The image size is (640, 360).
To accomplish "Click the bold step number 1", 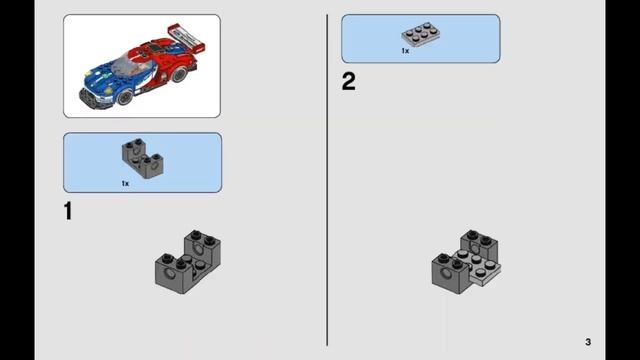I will click(68, 211).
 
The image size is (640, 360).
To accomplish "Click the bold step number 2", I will click(348, 82).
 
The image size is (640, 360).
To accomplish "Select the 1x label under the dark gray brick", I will click(125, 183).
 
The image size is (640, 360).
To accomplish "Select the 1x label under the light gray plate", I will click(405, 50).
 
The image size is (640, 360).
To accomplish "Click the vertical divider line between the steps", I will click(327, 180).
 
